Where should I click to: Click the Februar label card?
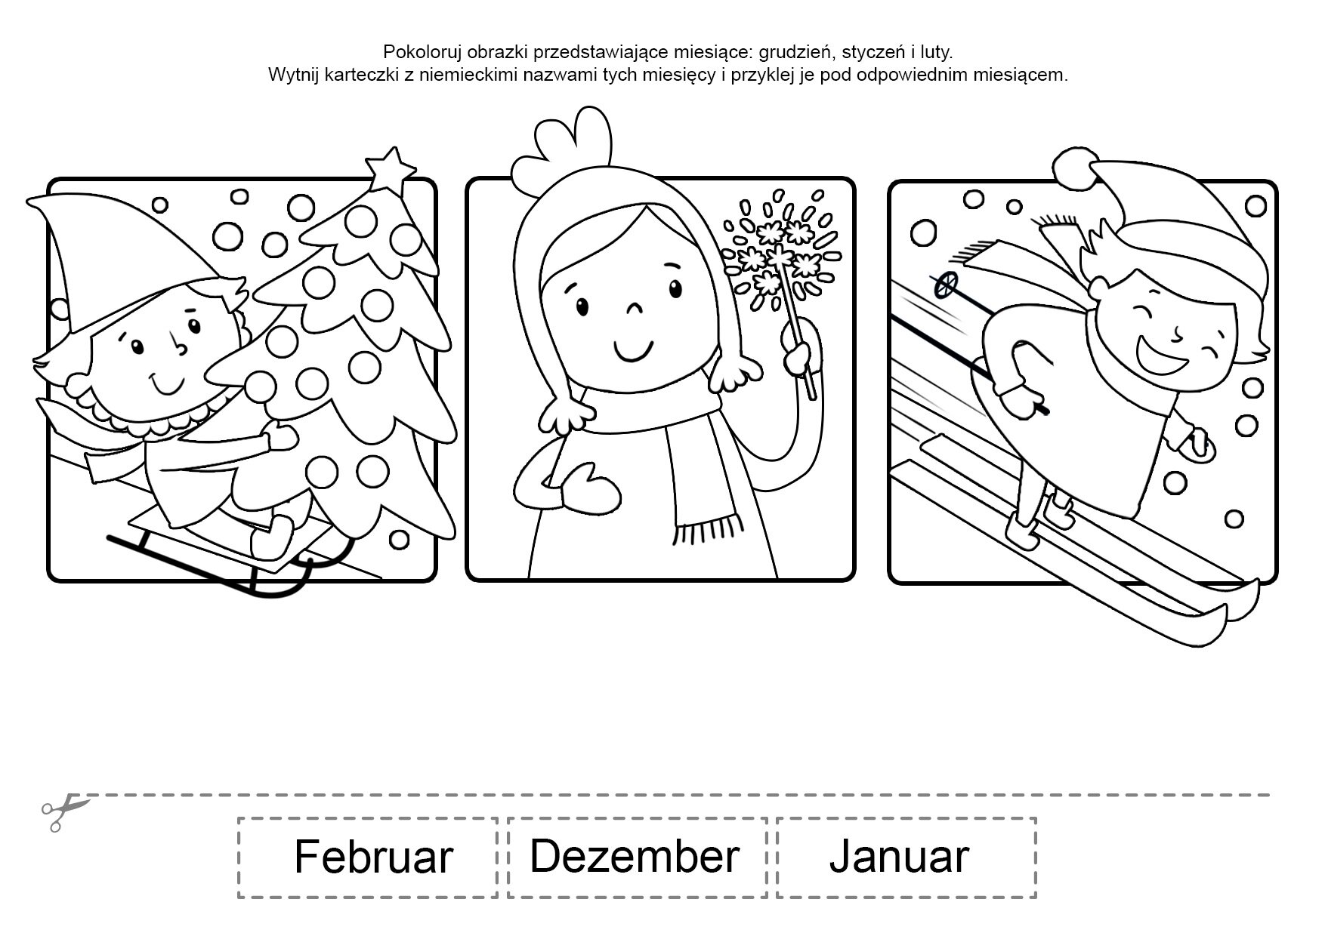tap(368, 857)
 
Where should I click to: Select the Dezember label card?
tap(638, 857)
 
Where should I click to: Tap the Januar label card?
tap(906, 857)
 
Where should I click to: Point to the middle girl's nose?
tap(634, 309)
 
